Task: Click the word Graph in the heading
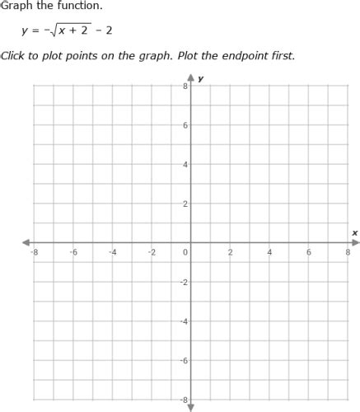pos(16,6)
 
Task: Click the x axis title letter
pos(354,233)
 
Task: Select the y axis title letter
pos(201,78)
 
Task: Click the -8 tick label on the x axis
pos(34,252)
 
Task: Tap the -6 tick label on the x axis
pos(73,252)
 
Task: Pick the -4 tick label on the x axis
pos(112,252)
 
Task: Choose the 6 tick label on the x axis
pos(309,252)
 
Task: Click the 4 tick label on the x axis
pos(269,252)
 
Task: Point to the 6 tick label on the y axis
pos(185,125)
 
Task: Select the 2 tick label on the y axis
pos(185,204)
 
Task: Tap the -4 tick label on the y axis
pos(183,321)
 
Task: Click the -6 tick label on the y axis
pos(183,360)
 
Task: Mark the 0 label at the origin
pos(185,252)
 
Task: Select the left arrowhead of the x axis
pos(27,242)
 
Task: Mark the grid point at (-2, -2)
pos(152,282)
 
